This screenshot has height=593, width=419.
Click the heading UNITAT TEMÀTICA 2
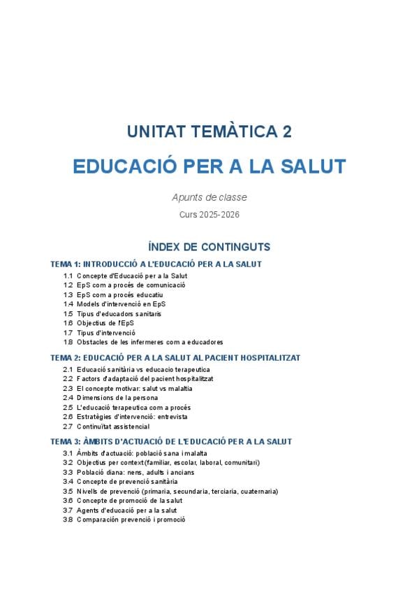tap(209, 131)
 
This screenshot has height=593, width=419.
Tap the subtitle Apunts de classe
tap(209, 198)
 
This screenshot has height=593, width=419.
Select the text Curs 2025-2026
tap(209, 215)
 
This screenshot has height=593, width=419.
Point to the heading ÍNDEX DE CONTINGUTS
tap(209, 247)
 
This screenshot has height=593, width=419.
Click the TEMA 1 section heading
tap(156, 264)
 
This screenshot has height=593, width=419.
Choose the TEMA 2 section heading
tap(175, 357)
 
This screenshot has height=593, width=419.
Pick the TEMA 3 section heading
tap(171, 442)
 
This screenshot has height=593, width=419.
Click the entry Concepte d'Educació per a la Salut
tap(132, 276)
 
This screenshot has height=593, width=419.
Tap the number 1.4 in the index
tap(68, 304)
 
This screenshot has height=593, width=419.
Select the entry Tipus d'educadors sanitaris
tap(119, 314)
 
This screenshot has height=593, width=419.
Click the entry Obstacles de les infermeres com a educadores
tap(149, 343)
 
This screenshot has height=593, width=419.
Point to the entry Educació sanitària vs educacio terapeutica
tap(143, 369)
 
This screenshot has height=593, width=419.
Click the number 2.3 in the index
tap(68, 388)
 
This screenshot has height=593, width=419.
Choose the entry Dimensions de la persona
tap(117, 398)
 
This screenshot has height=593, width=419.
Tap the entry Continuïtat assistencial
tap(113, 427)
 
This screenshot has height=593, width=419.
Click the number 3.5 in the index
tap(68, 492)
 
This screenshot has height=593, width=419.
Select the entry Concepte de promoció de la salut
tap(129, 501)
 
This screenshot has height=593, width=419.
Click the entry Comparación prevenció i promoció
tap(131, 520)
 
